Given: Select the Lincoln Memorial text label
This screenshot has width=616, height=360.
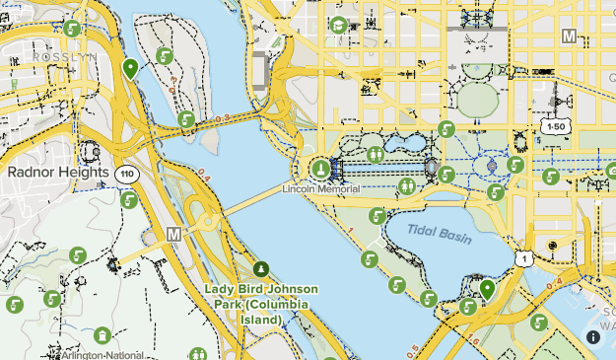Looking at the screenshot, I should click(x=320, y=187).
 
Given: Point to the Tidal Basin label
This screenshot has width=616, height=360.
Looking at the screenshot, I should click(x=441, y=235).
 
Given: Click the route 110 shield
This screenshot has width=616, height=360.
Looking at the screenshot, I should click(x=125, y=174).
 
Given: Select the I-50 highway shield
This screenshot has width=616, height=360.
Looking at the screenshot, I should click(x=554, y=127).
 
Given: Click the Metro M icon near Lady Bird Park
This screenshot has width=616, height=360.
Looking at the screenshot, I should click(x=174, y=234).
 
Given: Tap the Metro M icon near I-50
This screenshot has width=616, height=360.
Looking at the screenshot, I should click(x=569, y=36).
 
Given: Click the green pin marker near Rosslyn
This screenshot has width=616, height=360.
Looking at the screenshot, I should click(x=130, y=68).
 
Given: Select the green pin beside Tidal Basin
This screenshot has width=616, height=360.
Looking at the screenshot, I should click(x=487, y=289).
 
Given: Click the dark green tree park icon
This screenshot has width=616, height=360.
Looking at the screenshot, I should click(x=261, y=268).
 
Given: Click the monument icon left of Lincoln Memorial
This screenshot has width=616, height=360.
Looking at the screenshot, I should click(x=319, y=169).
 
